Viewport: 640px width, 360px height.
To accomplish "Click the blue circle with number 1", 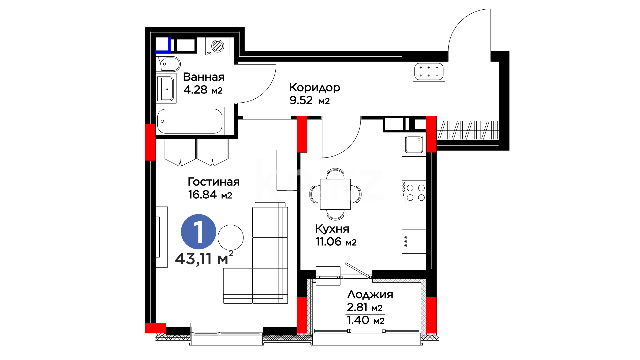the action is [198, 232].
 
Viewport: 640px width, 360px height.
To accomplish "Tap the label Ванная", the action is [204, 77].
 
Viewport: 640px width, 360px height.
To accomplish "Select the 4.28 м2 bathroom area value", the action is [203, 90].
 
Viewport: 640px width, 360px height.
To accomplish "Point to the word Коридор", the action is [314, 88].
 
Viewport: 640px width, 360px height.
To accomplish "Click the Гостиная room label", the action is [214, 182].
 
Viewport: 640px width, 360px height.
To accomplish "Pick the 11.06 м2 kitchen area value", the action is [336, 242].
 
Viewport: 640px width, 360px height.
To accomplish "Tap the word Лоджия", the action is [370, 295].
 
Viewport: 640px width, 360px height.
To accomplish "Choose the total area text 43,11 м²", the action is [204, 259].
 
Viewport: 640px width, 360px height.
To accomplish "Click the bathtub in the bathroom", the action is [190, 121].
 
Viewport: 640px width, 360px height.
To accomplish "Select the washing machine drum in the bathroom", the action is [218, 46].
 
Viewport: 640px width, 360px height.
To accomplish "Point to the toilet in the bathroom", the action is [169, 64].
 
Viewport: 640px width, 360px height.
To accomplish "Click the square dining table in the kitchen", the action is [335, 194].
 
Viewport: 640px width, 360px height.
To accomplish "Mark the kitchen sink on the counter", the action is [414, 144].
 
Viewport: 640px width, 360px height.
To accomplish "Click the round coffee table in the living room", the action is [231, 238].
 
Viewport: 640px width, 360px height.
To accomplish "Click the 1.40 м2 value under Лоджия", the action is [366, 320].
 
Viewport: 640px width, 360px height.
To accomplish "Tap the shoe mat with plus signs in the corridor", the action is [429, 72].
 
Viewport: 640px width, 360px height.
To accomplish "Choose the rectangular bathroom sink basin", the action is [167, 89].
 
